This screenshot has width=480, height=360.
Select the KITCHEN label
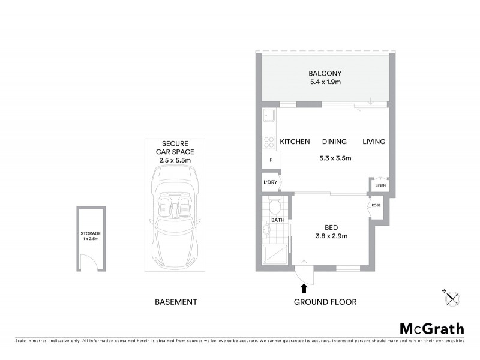point(295,142)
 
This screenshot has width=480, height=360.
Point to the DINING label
point(334,142)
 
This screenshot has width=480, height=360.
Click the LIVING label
point(373,142)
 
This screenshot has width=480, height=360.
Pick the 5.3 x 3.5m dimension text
point(334,158)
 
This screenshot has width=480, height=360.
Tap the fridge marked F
point(271,160)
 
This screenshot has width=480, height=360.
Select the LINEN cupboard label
point(380,186)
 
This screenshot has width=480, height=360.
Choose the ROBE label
point(376,206)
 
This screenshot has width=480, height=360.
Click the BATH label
point(278,220)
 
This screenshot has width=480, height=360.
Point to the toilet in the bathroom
point(275,208)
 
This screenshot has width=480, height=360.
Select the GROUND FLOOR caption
point(325,302)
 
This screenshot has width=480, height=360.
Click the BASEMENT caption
point(175,302)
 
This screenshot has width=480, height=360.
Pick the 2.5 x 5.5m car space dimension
point(175,160)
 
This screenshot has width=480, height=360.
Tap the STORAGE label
point(91,233)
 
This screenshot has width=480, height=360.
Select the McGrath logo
point(432,328)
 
